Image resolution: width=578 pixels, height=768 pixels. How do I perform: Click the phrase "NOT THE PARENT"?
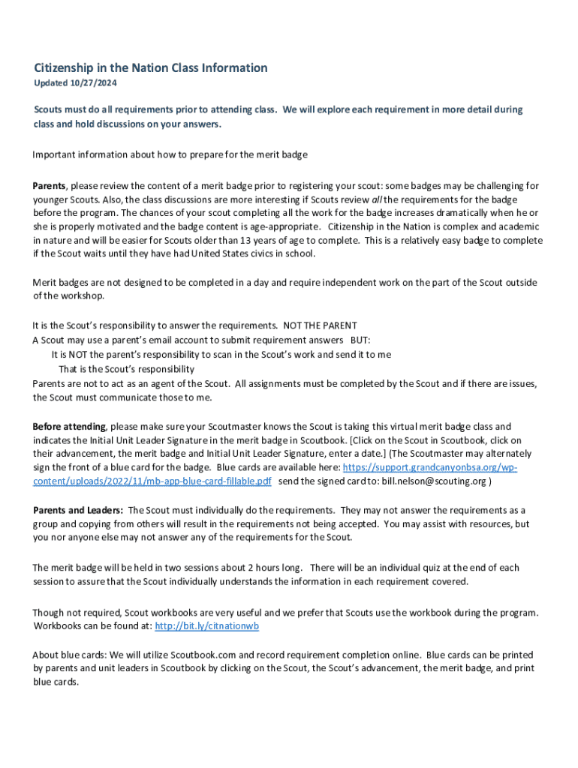(x=320, y=325)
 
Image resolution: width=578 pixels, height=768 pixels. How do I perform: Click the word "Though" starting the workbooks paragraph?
(x=48, y=613)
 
